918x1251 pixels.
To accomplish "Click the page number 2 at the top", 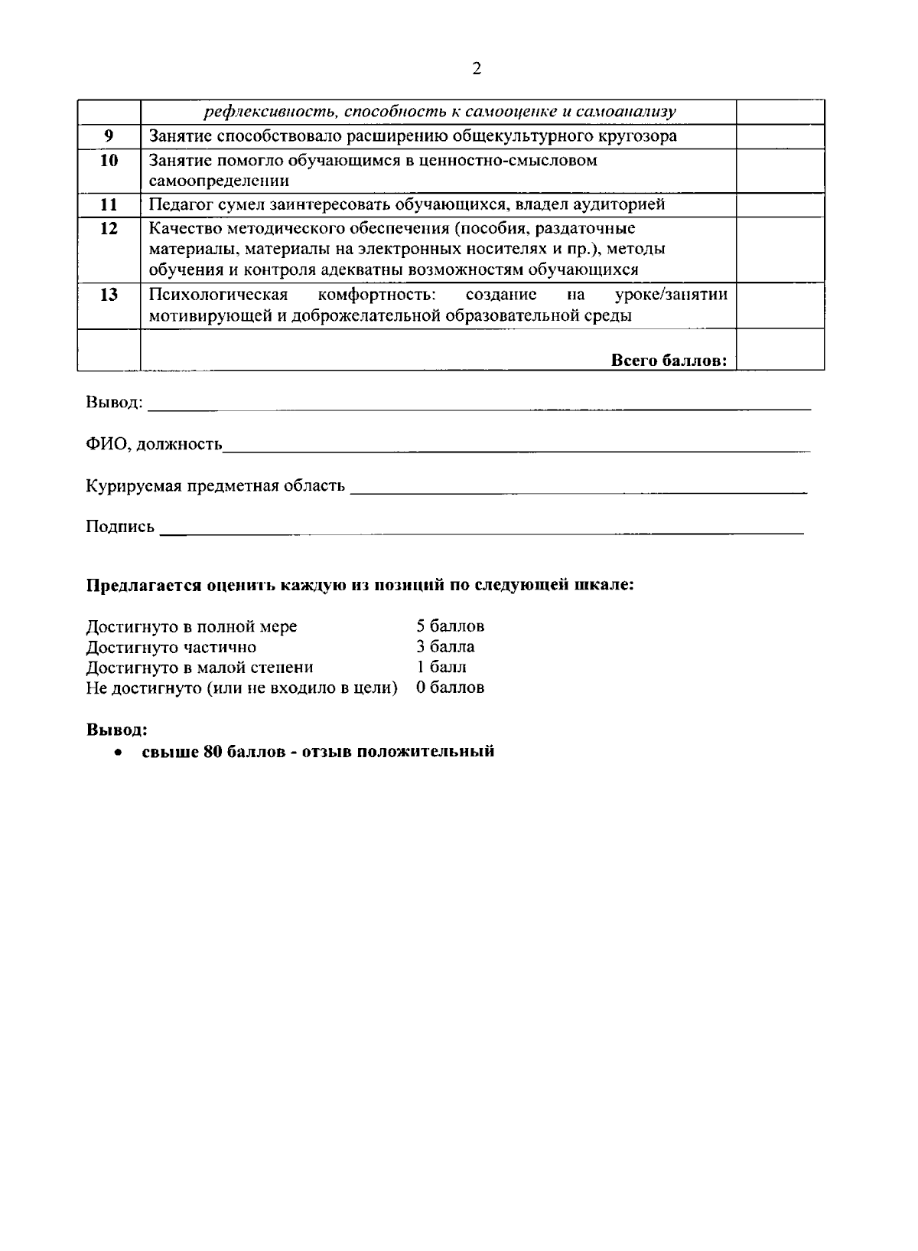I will (477, 70).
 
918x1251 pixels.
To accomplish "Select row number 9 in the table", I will (109, 136).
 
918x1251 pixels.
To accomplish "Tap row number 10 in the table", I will (109, 161).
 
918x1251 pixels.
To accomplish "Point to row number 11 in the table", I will (109, 204).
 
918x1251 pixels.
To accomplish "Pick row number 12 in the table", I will (109, 229).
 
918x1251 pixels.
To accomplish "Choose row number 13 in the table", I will (109, 295).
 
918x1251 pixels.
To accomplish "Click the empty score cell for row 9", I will (780, 136).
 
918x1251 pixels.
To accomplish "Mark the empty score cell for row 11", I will (780, 204).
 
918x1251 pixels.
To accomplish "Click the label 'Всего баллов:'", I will (669, 361).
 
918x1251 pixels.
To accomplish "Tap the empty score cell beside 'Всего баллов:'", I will (780, 350).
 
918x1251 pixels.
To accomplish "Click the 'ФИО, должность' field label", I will (154, 444).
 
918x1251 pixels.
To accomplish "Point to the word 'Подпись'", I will (120, 527).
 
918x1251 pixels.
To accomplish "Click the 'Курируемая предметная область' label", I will (215, 485).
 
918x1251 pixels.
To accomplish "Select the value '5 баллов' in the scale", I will (450, 626).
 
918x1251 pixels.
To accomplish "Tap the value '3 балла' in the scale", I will (445, 647).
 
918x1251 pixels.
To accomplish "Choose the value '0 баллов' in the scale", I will (450, 688).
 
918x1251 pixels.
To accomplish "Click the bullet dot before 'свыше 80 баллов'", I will (117, 752).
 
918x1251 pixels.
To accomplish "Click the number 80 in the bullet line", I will (213, 751).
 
